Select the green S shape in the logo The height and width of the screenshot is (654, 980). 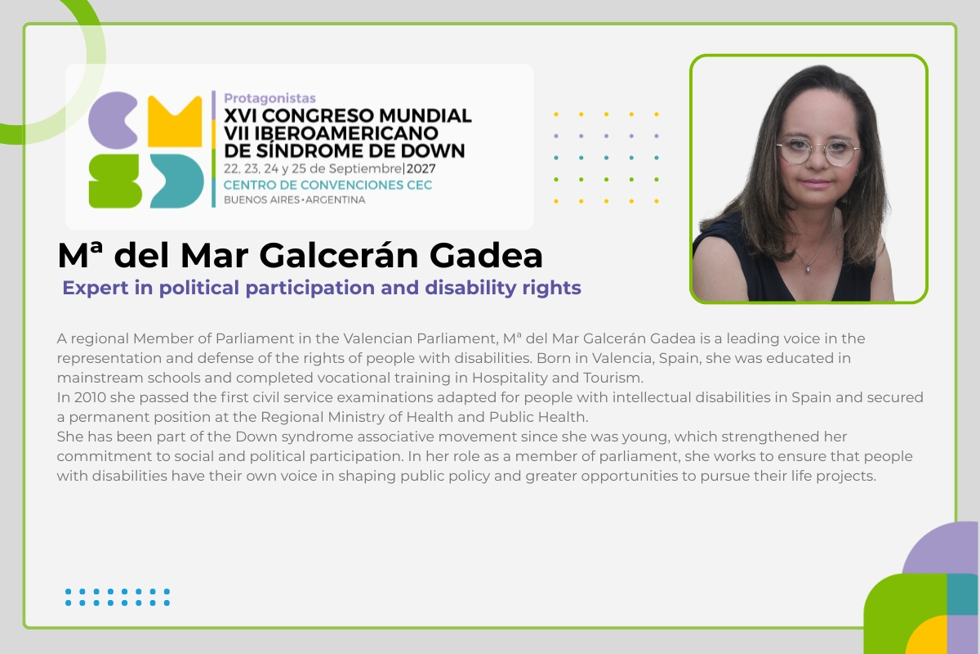115,181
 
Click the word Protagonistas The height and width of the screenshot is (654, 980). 269,99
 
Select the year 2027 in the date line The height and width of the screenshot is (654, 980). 421,168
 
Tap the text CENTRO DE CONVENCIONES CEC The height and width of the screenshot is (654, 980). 327,185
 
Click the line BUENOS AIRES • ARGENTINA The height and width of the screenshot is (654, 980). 295,200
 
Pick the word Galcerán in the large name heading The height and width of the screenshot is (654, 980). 339,255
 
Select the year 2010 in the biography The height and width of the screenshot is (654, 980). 90,397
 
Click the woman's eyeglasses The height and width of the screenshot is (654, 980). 817,151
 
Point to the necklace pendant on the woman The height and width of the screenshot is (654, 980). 808,267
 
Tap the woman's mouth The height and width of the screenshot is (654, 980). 817,183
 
